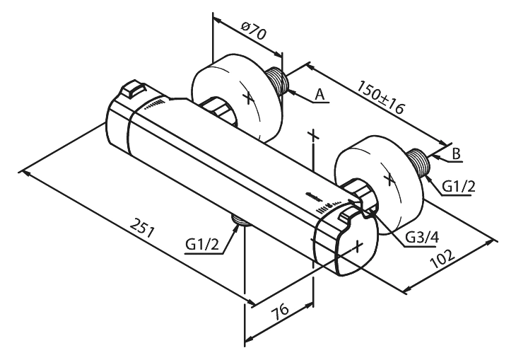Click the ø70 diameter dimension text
[253, 30]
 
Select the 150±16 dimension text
[380, 97]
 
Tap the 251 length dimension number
[142, 227]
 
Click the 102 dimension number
[442, 258]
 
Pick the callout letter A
[319, 95]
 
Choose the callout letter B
[456, 153]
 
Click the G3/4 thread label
[421, 238]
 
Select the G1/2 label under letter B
[459, 187]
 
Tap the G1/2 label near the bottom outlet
[201, 245]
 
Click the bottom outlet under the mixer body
[241, 220]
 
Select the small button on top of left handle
[134, 88]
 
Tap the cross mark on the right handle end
[358, 245]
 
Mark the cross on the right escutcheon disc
[389, 179]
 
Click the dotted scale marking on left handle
[154, 104]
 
